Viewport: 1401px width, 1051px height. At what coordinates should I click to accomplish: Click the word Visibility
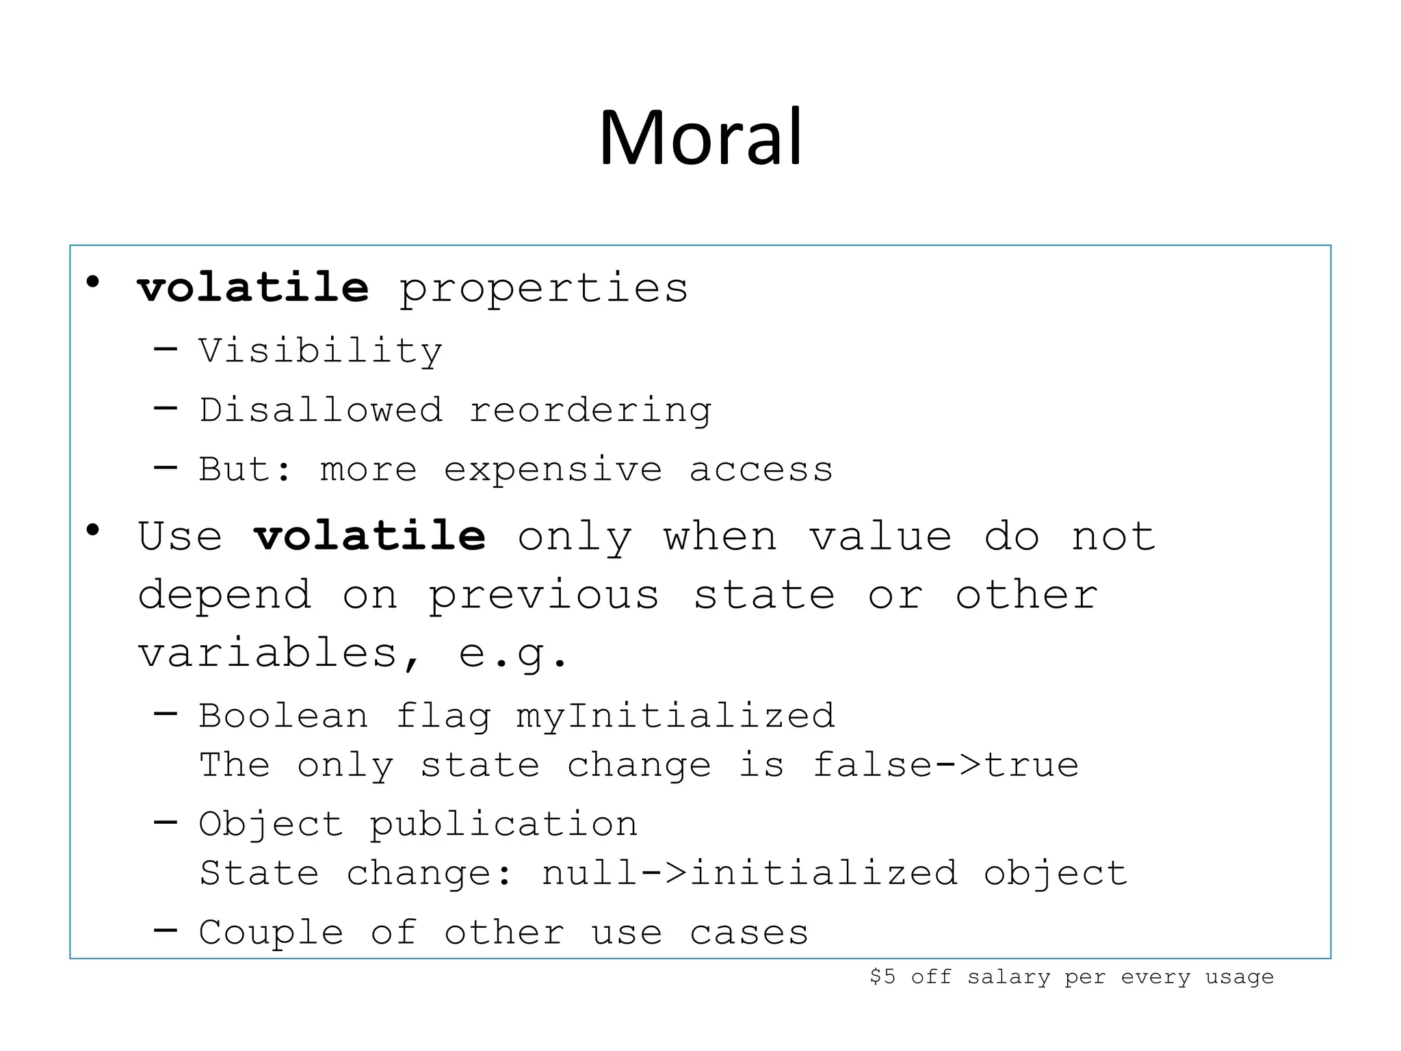tap(320, 352)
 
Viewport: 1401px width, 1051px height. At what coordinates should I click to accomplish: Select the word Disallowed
tap(320, 411)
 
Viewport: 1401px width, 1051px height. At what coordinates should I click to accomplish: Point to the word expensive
tap(553, 471)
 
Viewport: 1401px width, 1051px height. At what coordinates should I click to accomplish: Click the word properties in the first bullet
tap(543, 289)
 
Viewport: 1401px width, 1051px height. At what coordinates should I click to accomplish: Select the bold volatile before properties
tap(253, 287)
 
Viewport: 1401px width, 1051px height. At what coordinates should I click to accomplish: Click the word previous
tap(544, 595)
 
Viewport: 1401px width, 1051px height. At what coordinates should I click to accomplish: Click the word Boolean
tap(283, 716)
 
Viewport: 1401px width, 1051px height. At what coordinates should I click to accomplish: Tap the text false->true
tap(945, 765)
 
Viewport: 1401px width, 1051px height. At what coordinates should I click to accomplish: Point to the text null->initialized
tap(749, 873)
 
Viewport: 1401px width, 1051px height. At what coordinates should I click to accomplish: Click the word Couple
tap(271, 932)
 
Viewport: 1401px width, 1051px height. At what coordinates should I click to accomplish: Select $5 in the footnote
tap(882, 976)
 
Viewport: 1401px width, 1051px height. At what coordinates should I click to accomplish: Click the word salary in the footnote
tap(1008, 977)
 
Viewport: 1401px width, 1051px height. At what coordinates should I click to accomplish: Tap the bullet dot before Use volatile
tap(93, 530)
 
